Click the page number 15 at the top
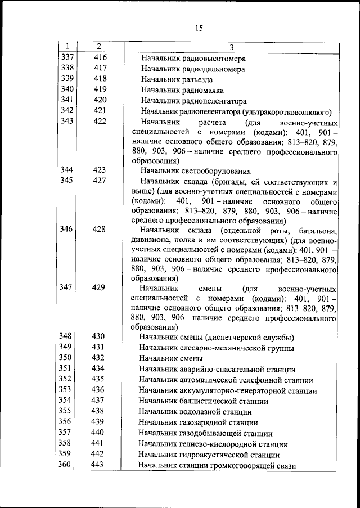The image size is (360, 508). click(199, 28)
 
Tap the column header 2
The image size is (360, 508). click(98, 46)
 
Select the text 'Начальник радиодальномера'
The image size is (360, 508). click(193, 69)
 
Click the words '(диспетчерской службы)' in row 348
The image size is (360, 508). click(247, 338)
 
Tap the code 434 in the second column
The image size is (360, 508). click(98, 369)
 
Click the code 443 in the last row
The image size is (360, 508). click(98, 465)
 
